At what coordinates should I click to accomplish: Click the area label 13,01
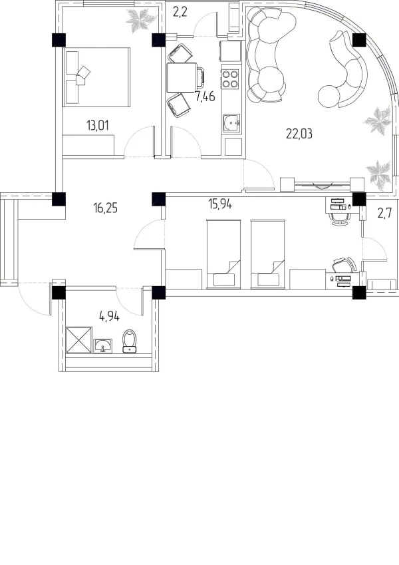click(x=97, y=126)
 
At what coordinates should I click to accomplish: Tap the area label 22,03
click(x=299, y=134)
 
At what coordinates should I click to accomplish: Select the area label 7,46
click(x=205, y=96)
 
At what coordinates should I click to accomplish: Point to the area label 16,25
click(x=106, y=208)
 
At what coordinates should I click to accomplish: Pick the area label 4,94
click(x=109, y=317)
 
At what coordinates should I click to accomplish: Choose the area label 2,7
click(x=384, y=214)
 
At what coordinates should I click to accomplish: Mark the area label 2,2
click(x=180, y=13)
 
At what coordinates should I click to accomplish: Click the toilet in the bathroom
click(x=129, y=341)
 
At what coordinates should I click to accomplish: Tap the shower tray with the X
click(x=79, y=340)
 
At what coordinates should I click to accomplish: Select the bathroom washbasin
click(x=103, y=346)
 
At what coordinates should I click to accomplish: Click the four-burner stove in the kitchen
click(x=231, y=79)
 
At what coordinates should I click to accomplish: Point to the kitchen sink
click(x=231, y=123)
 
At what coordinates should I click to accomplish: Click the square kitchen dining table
click(x=182, y=77)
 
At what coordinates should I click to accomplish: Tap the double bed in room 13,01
click(x=96, y=77)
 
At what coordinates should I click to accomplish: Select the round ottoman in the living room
click(x=329, y=96)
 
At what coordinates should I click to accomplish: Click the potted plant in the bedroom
click(x=141, y=20)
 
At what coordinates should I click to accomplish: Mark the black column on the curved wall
click(x=359, y=41)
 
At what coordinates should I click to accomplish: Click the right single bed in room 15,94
click(x=268, y=255)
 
